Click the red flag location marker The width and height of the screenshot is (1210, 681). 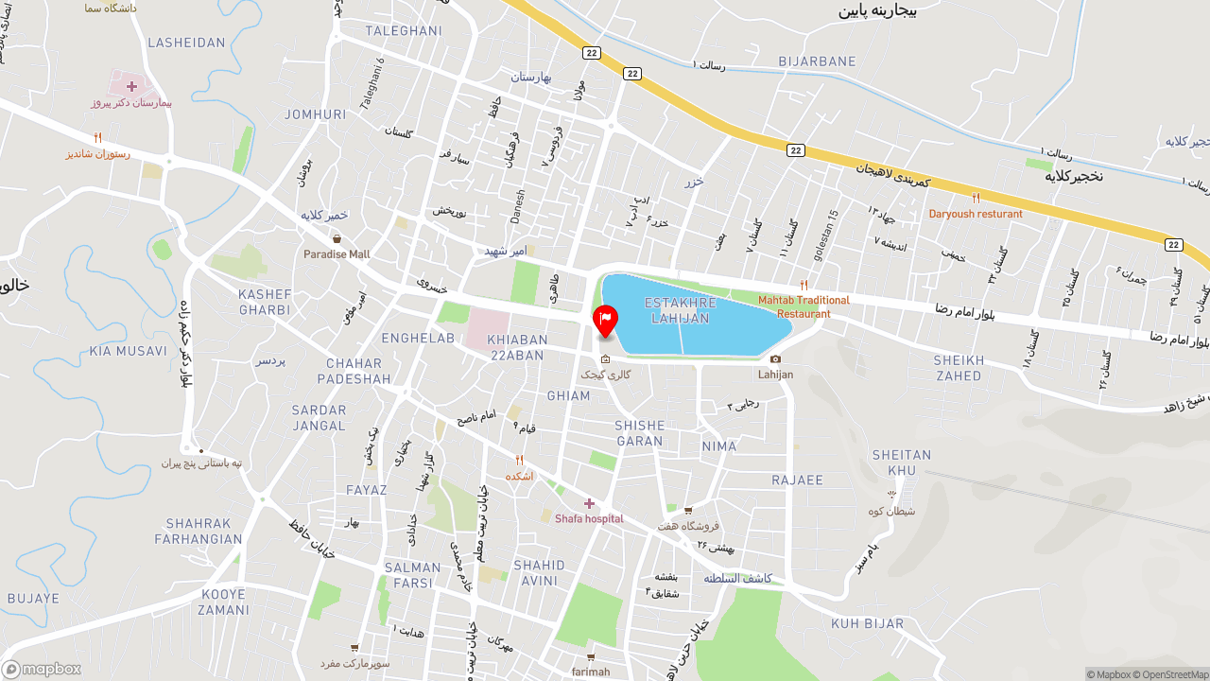pos(605,319)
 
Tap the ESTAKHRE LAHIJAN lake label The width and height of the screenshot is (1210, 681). pos(676,310)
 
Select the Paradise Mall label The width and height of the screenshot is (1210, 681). pos(337,253)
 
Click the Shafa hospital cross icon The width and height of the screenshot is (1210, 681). pos(589,503)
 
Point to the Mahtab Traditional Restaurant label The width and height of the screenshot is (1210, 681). pos(804,306)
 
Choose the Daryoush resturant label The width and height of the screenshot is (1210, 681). pos(976,214)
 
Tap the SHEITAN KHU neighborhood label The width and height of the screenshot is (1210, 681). pos(902,463)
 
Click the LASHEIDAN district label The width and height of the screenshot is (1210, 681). pos(187,43)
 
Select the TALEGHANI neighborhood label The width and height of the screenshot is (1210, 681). pos(404,30)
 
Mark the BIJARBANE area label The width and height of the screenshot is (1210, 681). pos(817,61)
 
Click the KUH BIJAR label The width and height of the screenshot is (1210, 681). pos(868,623)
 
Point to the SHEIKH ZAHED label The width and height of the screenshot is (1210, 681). pos(959,368)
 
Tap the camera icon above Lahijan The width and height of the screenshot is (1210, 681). pos(775,358)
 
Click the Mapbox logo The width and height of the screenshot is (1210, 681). pos(42,669)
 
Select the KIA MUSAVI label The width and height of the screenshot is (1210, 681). pos(128,351)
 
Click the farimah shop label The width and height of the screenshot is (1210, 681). pos(591,672)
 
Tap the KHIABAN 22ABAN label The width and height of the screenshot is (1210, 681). pos(518,347)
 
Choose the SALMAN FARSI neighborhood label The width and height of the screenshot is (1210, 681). pos(413,575)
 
